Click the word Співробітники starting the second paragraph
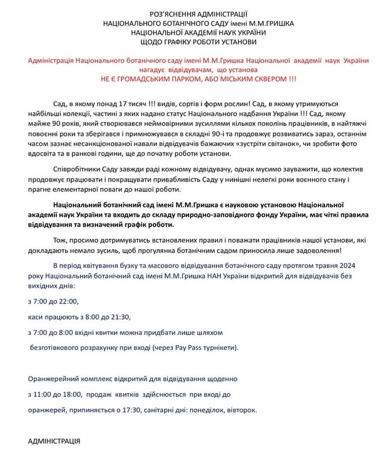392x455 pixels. coord(75,169)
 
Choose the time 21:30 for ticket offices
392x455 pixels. coord(119,317)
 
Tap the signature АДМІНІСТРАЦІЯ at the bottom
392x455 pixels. coord(54,441)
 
